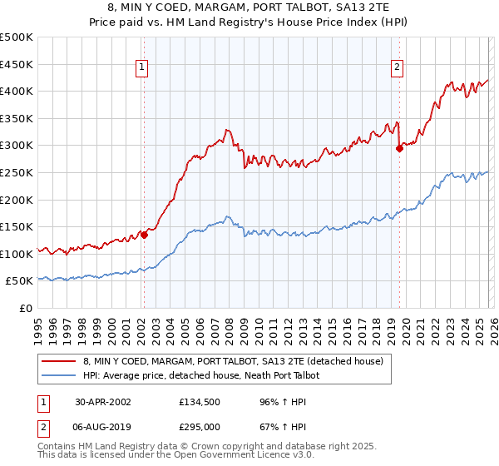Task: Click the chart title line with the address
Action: (x=249, y=7)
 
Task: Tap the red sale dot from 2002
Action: (x=144, y=235)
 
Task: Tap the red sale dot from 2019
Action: (x=399, y=148)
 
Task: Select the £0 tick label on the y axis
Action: (x=25, y=308)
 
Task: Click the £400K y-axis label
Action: (x=17, y=91)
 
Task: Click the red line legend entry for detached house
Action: (x=233, y=362)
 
